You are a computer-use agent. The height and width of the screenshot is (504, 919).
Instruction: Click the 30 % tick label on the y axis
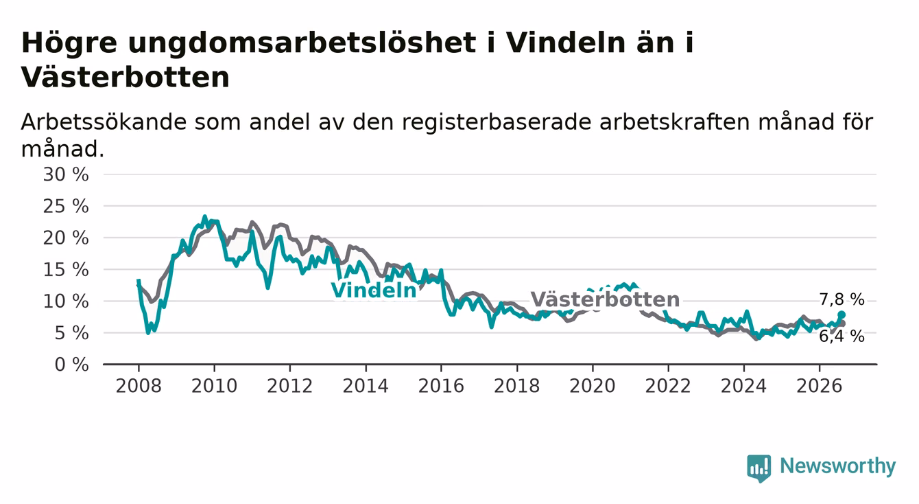coord(66,174)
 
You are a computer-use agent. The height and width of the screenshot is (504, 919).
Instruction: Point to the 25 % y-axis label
coord(66,206)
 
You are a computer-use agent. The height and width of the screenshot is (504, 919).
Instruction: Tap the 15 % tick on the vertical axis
coord(66,270)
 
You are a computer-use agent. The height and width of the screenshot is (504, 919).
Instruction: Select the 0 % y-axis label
coord(71,365)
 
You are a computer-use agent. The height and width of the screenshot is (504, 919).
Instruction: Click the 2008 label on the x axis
coord(139,386)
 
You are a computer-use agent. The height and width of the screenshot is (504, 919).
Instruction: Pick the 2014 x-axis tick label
coord(366,386)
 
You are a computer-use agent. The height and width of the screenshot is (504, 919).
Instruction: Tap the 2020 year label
coord(593,386)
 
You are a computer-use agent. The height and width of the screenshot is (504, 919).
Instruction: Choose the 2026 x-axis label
coord(820,386)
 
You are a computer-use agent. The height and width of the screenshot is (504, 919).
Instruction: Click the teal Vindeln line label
coord(374,290)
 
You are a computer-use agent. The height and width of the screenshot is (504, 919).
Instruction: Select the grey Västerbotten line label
coord(605,299)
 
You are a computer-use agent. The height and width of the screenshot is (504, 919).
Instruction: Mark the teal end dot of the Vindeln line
coord(842,314)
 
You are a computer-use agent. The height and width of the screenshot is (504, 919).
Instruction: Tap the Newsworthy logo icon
coord(759,468)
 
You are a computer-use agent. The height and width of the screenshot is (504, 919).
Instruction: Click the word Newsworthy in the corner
coord(838,466)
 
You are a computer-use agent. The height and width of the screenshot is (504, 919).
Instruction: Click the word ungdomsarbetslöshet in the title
coord(302,43)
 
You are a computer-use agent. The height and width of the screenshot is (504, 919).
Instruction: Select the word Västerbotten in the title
coord(125,77)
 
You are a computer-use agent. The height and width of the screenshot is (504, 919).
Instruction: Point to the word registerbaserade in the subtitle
coord(497,122)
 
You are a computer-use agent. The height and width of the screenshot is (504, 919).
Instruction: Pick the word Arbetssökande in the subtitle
coord(104,122)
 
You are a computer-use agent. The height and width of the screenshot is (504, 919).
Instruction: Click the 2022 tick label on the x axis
coord(668,386)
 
